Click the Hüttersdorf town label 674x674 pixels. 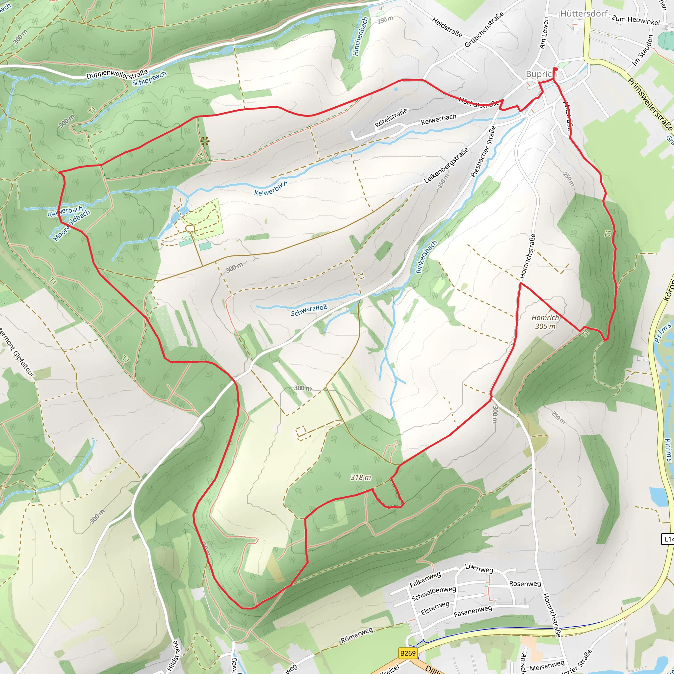tap(584, 13)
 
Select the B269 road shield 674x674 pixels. tap(408, 653)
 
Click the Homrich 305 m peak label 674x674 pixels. tap(545, 322)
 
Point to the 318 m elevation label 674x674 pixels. tap(361, 477)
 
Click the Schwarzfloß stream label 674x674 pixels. tap(309, 310)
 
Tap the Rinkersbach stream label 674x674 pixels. tap(426, 257)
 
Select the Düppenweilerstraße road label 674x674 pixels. tap(117, 74)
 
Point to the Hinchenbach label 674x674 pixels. tap(360, 37)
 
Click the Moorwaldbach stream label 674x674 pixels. tap(71, 226)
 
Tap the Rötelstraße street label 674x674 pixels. tap(391, 118)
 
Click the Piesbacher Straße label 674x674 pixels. tap(483, 151)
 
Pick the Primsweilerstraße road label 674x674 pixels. tap(650, 104)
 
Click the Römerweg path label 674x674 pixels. tap(357, 635)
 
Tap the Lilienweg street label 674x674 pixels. tap(479, 568)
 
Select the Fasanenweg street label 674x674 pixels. tap(473, 611)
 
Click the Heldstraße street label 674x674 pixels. tap(447, 27)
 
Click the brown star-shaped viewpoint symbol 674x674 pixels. tap(205, 141)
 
